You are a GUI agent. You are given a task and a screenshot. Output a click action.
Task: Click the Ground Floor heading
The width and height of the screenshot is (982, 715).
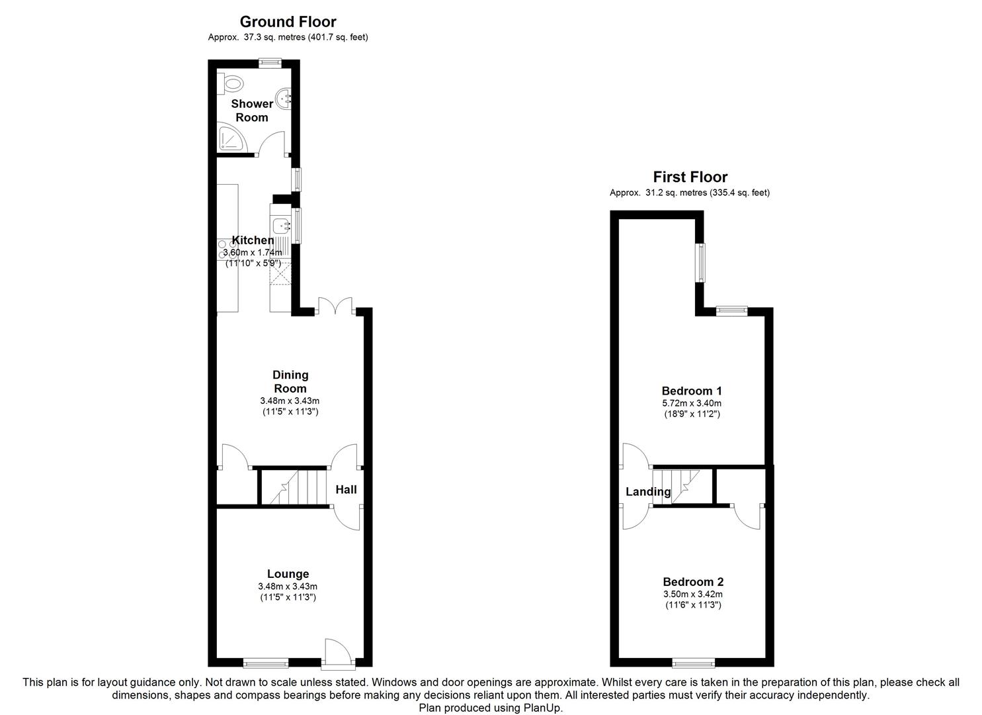click(288, 22)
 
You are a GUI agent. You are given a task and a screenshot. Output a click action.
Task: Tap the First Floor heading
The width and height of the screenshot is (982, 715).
click(690, 177)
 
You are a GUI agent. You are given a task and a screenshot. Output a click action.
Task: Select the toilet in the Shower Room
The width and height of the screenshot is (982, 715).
click(231, 83)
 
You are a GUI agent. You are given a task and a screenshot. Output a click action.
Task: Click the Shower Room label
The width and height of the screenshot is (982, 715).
click(252, 111)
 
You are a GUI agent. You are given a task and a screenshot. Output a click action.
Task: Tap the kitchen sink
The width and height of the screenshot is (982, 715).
click(282, 226)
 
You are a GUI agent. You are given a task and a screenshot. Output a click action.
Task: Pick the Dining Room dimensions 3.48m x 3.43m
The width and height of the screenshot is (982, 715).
click(290, 401)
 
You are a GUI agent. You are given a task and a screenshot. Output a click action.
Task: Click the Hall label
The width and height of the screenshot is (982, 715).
click(346, 489)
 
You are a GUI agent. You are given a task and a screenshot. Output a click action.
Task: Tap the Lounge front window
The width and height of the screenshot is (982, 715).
click(266, 662)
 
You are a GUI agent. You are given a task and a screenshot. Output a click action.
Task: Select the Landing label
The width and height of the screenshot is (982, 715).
click(648, 491)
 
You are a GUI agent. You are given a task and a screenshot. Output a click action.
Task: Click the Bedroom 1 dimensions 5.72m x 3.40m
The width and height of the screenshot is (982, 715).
click(692, 403)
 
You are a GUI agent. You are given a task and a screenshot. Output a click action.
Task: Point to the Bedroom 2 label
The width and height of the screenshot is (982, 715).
click(692, 582)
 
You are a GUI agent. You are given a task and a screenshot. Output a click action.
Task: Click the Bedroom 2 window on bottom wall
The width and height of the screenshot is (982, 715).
click(694, 662)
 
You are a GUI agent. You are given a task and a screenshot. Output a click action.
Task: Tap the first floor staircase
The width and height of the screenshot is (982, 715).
click(676, 486)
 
